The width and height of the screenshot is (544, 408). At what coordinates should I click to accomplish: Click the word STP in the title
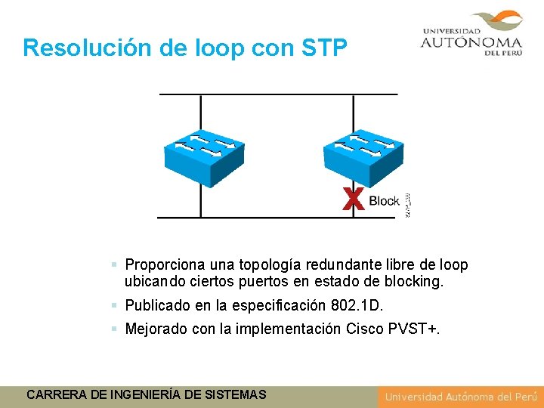click(x=323, y=48)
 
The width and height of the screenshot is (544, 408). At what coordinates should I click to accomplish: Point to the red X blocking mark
click(x=352, y=199)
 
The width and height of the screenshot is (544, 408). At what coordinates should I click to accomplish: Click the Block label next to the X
click(x=384, y=201)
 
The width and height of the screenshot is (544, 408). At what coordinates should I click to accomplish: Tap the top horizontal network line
click(x=277, y=94)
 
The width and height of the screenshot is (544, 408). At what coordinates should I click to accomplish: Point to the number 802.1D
click(x=357, y=306)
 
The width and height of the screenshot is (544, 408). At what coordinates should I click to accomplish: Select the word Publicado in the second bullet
click(x=157, y=306)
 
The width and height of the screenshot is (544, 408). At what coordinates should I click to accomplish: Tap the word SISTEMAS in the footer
click(x=234, y=394)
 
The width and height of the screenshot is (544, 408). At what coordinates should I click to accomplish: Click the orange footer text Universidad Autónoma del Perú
click(x=460, y=397)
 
